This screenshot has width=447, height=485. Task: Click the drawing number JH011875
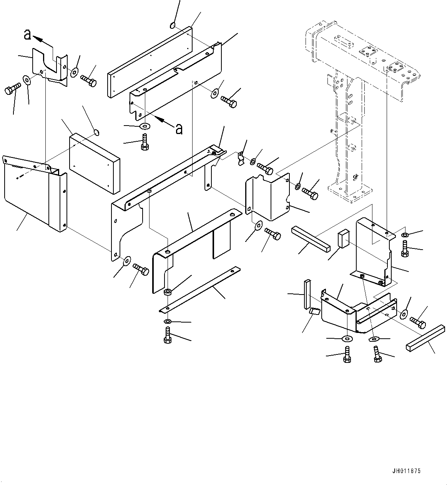tap(407, 471)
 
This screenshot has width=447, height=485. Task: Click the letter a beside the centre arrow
tap(179, 129)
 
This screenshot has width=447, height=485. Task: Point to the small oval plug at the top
tap(173, 26)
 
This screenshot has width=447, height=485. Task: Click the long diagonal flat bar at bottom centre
tap(200, 289)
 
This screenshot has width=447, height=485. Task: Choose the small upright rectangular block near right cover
tap(343, 238)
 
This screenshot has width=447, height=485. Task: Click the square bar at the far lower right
tap(425, 338)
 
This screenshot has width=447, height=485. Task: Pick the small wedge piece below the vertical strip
tap(315, 311)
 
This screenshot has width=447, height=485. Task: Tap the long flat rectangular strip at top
tap(150, 61)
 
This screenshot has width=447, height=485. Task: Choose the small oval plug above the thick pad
tap(96, 133)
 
